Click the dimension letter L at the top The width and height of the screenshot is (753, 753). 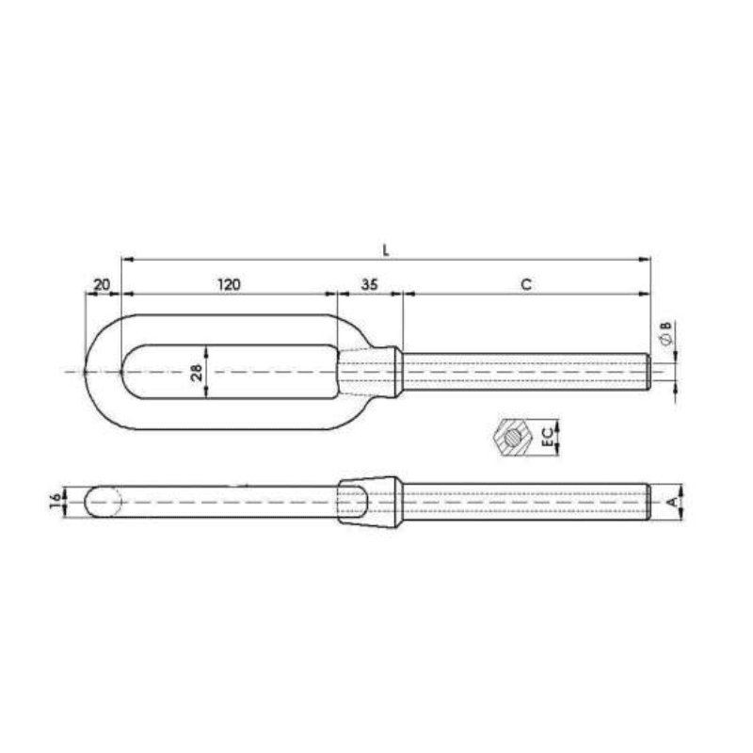pyautogui.click(x=386, y=249)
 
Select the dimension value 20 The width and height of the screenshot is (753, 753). pyautogui.click(x=103, y=283)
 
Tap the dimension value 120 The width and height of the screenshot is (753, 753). pyautogui.click(x=229, y=283)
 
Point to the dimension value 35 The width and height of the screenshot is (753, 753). pyautogui.click(x=369, y=283)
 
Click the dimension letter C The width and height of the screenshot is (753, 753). pyautogui.click(x=526, y=283)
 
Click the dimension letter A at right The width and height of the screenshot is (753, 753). pyautogui.click(x=671, y=502)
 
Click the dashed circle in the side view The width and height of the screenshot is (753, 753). pyautogui.click(x=104, y=502)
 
